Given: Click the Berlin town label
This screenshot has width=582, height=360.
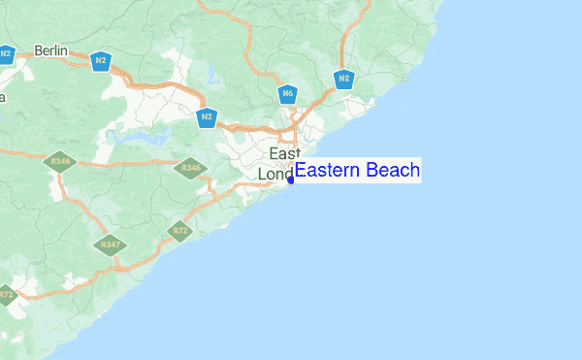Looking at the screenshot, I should click(x=48, y=50).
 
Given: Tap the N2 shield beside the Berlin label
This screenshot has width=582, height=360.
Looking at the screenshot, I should click(x=100, y=61).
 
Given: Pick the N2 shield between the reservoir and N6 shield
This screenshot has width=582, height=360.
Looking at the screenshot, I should click(x=206, y=118).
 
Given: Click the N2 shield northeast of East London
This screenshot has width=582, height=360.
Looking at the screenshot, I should click(x=343, y=78).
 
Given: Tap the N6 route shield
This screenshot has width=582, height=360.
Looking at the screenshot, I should click(x=287, y=94).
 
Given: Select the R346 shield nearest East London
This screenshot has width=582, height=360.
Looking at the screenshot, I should click(x=191, y=169).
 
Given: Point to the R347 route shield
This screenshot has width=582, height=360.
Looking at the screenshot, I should click(x=110, y=245).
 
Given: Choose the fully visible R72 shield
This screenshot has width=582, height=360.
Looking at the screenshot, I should click(x=178, y=231).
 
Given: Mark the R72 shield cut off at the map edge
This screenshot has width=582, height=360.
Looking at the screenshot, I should click(x=6, y=294).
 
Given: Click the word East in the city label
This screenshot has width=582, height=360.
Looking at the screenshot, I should click(x=285, y=154).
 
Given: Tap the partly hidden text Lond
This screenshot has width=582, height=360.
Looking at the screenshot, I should click(x=275, y=175).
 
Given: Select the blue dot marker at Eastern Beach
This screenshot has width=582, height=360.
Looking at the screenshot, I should click(x=291, y=180).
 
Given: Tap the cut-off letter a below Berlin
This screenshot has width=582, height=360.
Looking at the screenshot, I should click(x=2, y=97).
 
